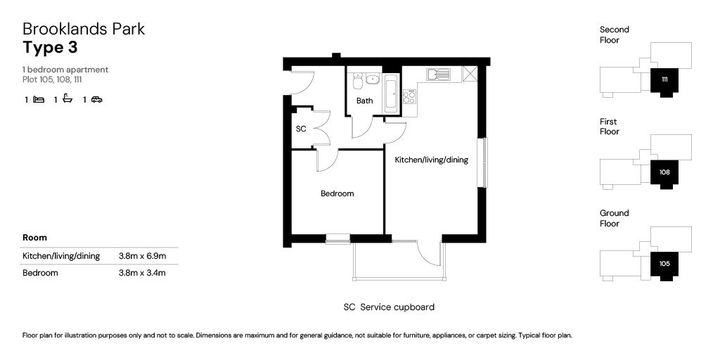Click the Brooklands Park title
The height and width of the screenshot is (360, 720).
click(84, 29)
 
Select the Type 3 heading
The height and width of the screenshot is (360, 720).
click(50, 48)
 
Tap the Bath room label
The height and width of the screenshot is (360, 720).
click(364, 101)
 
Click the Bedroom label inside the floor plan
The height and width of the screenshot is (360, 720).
click(337, 193)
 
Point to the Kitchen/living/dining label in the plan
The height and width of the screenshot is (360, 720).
click(431, 160)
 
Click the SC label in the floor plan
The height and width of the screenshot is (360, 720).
click(301, 129)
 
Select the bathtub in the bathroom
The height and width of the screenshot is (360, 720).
click(390, 92)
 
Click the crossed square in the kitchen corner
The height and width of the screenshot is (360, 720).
click(470, 74)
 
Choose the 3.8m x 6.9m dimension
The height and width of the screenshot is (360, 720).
click(142, 256)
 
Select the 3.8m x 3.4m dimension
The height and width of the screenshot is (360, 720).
click(142, 273)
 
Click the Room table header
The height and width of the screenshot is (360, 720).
click(34, 238)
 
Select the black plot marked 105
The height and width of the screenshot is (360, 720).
click(664, 264)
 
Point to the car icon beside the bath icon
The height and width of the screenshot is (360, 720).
click(96, 100)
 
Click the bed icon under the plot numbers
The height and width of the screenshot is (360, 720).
click(38, 100)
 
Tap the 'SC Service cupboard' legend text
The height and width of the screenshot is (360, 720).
click(389, 307)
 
